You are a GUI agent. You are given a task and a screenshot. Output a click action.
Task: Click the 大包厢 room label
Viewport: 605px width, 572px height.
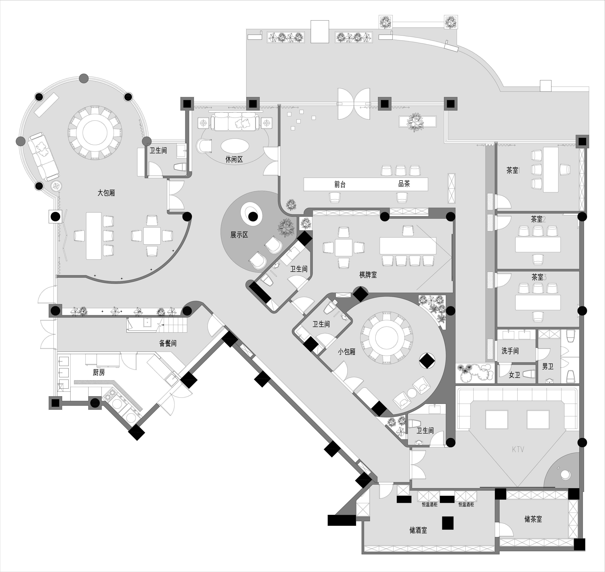(106, 193)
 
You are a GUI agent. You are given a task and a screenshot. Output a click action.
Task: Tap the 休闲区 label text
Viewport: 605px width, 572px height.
(234, 159)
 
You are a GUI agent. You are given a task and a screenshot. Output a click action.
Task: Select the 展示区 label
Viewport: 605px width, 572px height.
(239, 235)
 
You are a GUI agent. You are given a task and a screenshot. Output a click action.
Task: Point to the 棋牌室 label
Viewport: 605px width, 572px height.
(368, 275)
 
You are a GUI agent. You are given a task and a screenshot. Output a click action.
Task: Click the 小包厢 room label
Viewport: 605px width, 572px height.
(347, 351)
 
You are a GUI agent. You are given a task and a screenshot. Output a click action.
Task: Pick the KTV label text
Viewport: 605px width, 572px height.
(518, 449)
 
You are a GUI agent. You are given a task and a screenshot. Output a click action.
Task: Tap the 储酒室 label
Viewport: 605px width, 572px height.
(418, 530)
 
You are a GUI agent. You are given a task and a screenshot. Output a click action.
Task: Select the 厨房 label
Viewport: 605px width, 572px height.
(99, 373)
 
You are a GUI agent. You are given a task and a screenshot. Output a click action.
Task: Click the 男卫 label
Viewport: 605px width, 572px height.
(548, 366)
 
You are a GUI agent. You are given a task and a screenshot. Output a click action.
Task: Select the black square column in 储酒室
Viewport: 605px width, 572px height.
(448, 523)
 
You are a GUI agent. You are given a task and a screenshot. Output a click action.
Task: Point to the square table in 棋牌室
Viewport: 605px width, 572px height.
(344, 247)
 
